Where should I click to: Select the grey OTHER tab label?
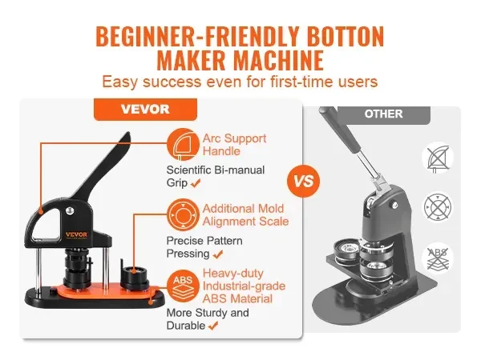[384, 114]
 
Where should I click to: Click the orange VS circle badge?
[303, 181]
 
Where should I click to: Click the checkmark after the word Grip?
[195, 184]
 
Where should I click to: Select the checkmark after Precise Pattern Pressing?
[217, 254]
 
